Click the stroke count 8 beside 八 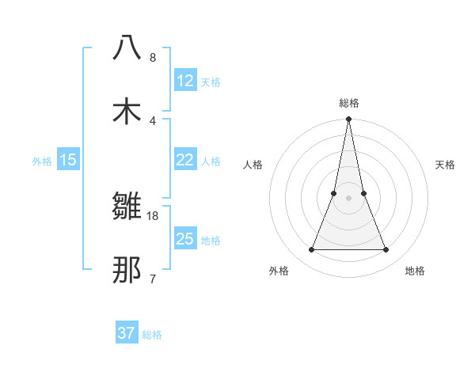pos(153,57)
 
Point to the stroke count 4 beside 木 pos(153,120)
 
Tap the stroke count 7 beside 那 pos(153,279)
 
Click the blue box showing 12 pos(185,80)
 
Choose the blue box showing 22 pos(185,160)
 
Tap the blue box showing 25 pos(185,238)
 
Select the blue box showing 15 pos(68,160)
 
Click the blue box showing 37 pos(127,333)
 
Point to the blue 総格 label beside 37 pos(152,335)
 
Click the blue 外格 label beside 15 pos(42,161)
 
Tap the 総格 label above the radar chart pos(348,103)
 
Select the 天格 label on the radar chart pos(446,165)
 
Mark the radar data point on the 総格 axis pos(348,120)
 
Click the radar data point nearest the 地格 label pos(386,250)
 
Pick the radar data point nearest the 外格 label pos(311,250)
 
